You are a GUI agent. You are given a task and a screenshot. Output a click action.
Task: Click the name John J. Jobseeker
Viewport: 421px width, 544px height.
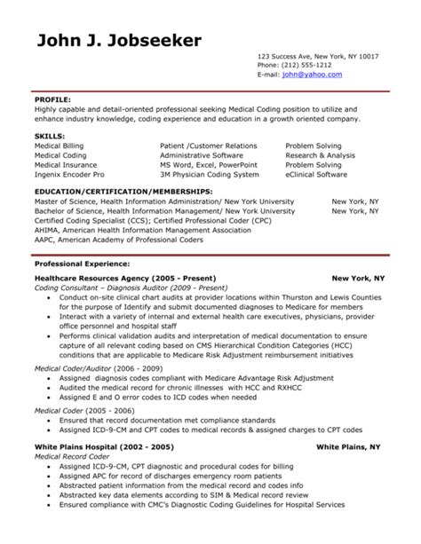coord(120,41)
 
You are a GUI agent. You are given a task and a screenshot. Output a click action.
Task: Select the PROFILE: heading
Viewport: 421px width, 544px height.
coord(52,99)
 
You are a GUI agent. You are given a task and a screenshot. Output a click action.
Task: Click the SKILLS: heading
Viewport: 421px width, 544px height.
coord(50,133)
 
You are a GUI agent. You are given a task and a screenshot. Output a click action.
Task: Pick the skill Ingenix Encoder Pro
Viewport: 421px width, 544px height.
coord(70,174)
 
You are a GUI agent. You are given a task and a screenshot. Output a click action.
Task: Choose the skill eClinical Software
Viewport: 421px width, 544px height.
coord(316,174)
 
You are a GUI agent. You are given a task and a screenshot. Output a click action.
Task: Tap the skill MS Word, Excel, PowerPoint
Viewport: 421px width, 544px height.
coord(202,164)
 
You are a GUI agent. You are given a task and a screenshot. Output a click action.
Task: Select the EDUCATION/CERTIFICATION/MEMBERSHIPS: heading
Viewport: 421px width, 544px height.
coord(123,191)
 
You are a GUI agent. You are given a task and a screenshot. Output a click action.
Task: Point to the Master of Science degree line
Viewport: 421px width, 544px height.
coord(164,201)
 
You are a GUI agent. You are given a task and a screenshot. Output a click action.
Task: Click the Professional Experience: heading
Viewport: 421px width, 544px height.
coord(82,264)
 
